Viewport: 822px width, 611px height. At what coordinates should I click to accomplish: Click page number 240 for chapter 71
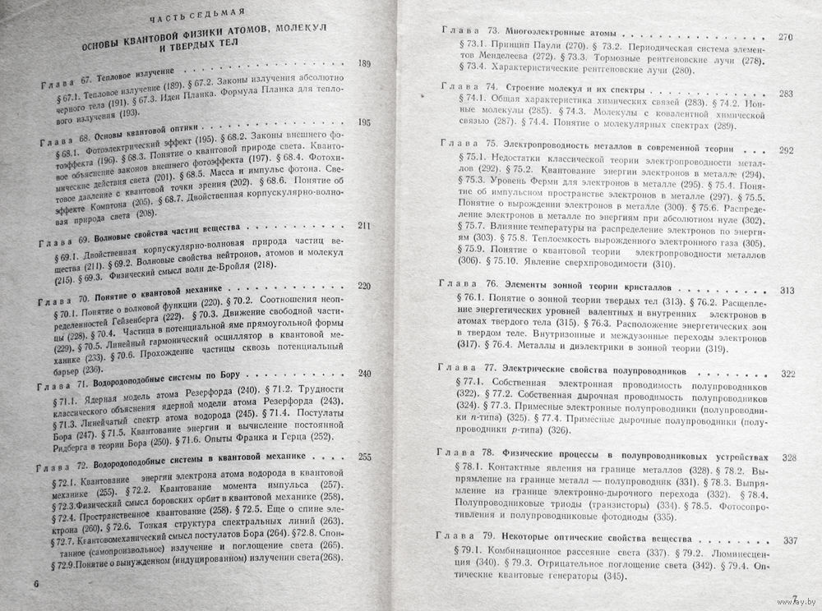coord(366,374)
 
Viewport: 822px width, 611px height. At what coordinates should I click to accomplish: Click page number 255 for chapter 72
coord(366,457)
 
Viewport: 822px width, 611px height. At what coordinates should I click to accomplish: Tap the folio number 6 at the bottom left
coord(35,581)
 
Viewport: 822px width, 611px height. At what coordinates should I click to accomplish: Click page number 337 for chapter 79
coord(792,540)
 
